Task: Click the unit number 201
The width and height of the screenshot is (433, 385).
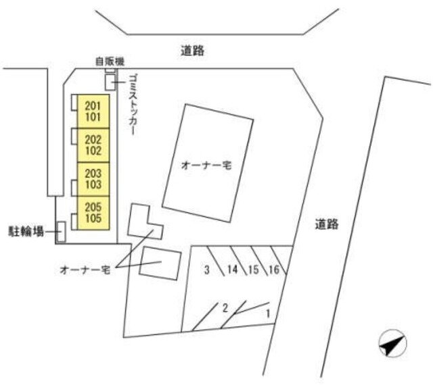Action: tap(93, 105)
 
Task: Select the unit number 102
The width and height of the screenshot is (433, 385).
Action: tap(93, 151)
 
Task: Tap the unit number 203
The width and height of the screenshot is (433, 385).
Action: tap(93, 174)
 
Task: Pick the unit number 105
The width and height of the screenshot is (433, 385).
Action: tap(93, 218)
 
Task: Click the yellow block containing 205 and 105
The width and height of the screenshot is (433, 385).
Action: tap(93, 213)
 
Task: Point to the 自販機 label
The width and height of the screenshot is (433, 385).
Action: tap(110, 61)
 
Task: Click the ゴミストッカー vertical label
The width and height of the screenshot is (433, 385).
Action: tap(133, 105)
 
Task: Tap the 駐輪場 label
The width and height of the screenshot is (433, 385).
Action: tap(26, 232)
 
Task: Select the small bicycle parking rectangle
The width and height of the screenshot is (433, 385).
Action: tap(62, 232)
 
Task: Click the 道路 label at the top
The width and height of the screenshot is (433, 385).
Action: tap(193, 51)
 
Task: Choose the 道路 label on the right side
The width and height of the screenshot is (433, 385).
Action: tap(327, 224)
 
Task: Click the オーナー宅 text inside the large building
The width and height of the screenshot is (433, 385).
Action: tap(206, 165)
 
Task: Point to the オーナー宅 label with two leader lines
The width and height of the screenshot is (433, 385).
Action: tap(85, 269)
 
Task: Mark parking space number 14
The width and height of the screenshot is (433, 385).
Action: tap(233, 269)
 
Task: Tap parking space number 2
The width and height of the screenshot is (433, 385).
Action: tap(225, 308)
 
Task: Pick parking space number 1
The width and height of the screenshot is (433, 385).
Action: tap(268, 313)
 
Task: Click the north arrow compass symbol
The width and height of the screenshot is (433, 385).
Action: tap(392, 343)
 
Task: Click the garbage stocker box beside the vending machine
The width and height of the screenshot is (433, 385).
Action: tap(110, 82)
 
